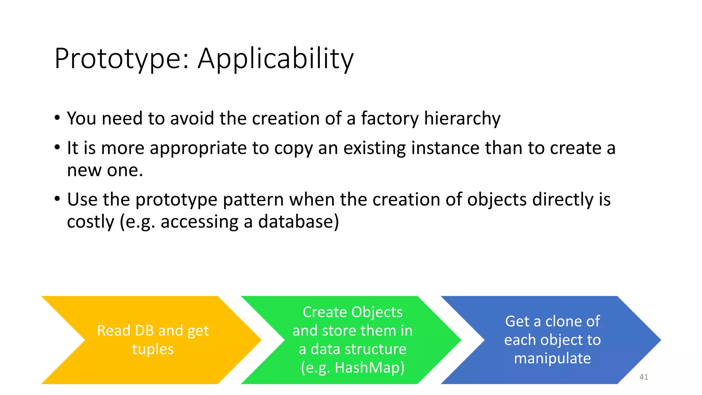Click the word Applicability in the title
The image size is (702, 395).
276,59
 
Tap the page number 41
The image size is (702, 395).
643,377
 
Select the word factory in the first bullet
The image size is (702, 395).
390,118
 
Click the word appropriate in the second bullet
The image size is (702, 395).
198,148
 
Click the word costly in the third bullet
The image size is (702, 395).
90,222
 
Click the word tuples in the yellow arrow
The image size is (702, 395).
153,349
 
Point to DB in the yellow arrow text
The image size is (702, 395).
144,331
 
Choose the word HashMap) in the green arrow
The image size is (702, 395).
370,368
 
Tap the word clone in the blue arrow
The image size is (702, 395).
562,321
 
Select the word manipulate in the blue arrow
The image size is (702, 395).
552,358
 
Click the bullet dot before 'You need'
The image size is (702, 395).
57,118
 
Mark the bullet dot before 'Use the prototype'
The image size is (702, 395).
57,199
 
